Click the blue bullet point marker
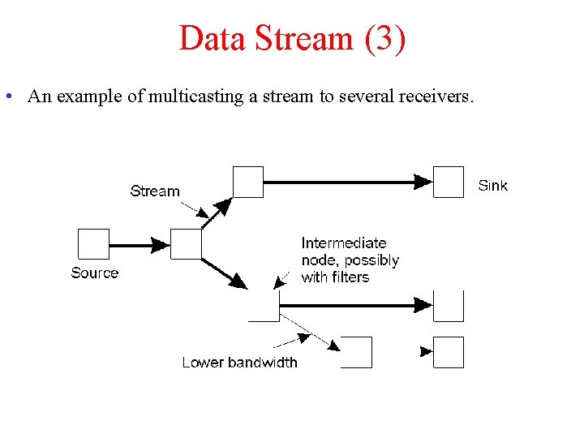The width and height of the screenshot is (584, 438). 7,97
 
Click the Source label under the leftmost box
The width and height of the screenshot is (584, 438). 94,273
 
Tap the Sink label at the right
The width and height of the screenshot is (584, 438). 492,186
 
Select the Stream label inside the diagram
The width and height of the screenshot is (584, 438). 154,191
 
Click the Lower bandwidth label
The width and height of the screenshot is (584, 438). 239,363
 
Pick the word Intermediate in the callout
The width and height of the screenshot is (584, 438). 343,243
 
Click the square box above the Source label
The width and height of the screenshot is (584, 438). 93,244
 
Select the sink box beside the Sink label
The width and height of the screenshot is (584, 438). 449,182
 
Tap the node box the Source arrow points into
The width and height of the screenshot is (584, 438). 187,244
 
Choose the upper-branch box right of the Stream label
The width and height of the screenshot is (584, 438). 248,182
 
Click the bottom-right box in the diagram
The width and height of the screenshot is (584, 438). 449,352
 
